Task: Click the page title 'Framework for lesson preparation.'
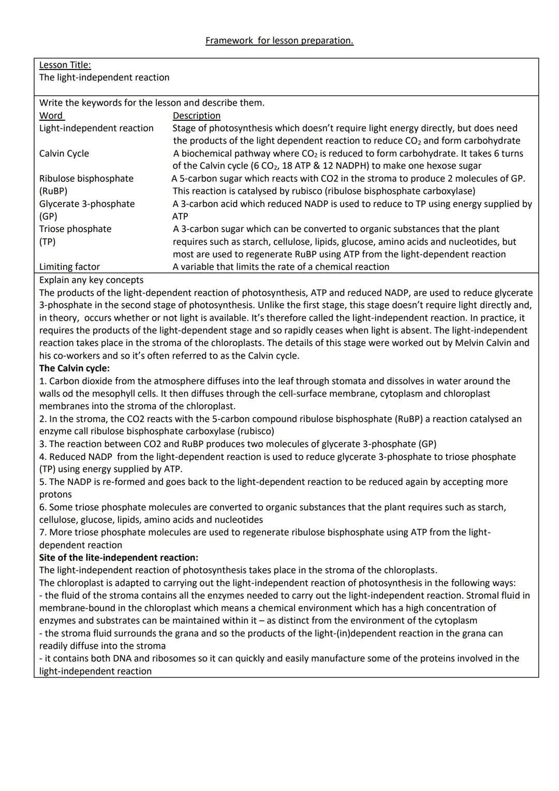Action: (279, 40)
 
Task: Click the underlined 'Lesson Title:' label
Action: (65, 65)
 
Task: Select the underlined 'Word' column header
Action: (51, 116)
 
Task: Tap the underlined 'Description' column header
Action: (196, 116)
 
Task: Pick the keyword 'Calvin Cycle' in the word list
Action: (64, 153)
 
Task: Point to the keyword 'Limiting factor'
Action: (69, 267)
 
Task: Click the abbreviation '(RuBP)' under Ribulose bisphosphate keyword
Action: (53, 191)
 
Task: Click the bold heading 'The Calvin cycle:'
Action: (74, 368)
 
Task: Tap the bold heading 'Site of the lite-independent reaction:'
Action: (119, 557)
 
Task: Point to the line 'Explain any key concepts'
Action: (91, 280)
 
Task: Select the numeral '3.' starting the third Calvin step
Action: (43, 444)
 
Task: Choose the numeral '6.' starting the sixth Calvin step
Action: (43, 507)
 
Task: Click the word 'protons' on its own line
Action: (55, 494)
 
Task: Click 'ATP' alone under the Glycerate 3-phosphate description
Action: (180, 217)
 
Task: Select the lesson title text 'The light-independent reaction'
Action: (104, 77)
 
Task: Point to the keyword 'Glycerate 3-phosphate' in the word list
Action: (86, 204)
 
